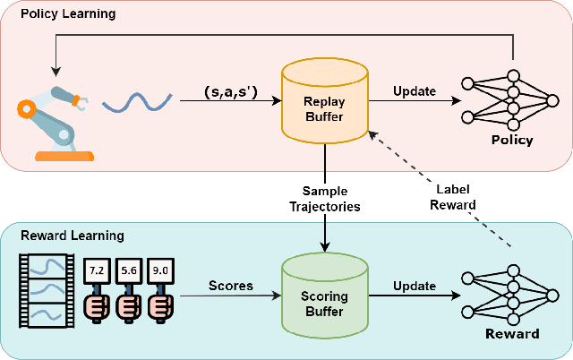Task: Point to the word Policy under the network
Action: point(512,140)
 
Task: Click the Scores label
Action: point(231,287)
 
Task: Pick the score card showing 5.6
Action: point(127,268)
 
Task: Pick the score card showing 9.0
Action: point(161,268)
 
